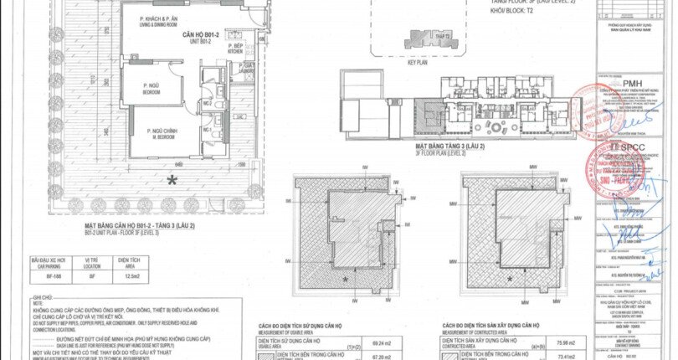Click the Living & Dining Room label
click(162, 22)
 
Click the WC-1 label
click(207, 131)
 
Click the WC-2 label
click(207, 103)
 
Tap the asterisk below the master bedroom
click(172, 180)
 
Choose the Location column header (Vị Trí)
click(92, 261)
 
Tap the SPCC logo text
click(624, 145)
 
